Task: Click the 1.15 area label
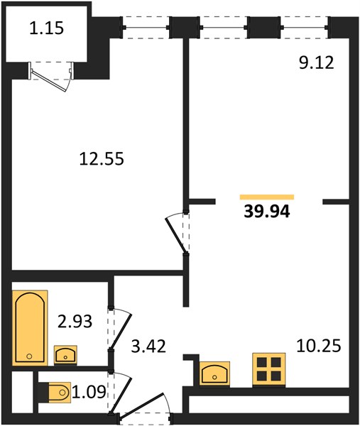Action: pyautogui.click(x=46, y=28)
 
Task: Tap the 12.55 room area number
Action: pyautogui.click(x=102, y=158)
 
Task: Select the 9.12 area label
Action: pyautogui.click(x=316, y=63)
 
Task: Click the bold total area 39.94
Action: pyautogui.click(x=267, y=212)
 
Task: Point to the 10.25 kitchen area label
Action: pyautogui.click(x=318, y=346)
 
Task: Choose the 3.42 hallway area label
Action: pyautogui.click(x=148, y=346)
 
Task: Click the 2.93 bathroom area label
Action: pyautogui.click(x=75, y=321)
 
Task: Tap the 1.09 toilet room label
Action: pyautogui.click(x=89, y=392)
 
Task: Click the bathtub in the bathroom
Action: pyautogui.click(x=30, y=327)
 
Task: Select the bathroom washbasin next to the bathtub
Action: pyautogui.click(x=65, y=355)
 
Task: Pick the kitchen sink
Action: pyautogui.click(x=214, y=373)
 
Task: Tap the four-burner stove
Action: pyautogui.click(x=269, y=369)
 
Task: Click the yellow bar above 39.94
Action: pyautogui.click(x=267, y=197)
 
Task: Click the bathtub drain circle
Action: pyautogui.click(x=29, y=356)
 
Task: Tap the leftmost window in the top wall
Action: pyautogui.click(x=146, y=28)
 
